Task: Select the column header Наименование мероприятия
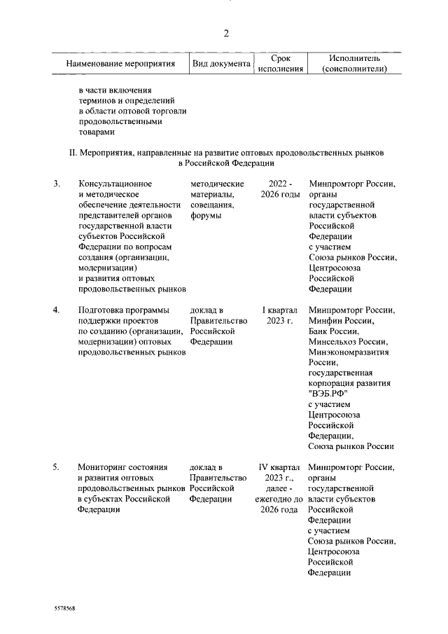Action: click(120, 64)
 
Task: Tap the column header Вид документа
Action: click(221, 64)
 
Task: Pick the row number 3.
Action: click(57, 184)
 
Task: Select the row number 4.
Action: click(57, 310)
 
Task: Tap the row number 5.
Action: click(57, 467)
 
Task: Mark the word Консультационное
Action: click(115, 184)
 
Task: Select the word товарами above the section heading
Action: click(95, 131)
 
